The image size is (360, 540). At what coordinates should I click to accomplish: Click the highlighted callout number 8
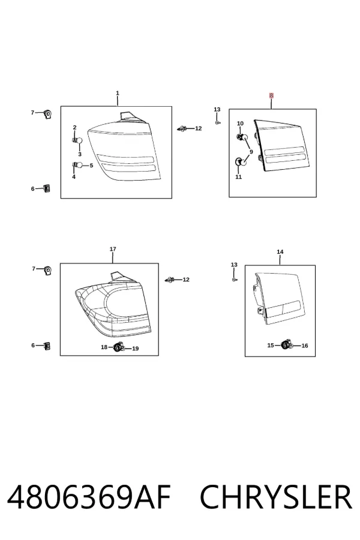point(271,95)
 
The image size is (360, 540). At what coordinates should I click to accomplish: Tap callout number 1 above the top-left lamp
point(118,93)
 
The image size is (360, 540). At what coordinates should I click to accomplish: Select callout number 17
point(113,248)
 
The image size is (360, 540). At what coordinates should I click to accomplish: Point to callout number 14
point(280,252)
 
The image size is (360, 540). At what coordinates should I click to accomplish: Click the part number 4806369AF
point(89,497)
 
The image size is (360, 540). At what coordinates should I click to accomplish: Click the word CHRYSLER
point(276,497)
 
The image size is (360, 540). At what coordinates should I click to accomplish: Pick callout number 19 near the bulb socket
point(136,349)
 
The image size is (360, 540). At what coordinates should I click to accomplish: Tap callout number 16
point(305,346)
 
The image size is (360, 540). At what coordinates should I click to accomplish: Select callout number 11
point(238,176)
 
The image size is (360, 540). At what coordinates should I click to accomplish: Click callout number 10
point(240,123)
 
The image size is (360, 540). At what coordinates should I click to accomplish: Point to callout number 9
point(251,152)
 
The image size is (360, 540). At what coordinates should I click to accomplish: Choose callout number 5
point(91,166)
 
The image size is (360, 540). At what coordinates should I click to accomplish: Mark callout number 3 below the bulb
point(80,154)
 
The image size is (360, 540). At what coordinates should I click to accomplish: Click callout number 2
point(74,127)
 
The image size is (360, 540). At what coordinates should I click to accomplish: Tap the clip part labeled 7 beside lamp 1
point(47,114)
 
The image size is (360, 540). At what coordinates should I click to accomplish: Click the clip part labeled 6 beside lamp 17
point(47,346)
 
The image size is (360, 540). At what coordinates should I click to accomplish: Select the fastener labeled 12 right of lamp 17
point(169,280)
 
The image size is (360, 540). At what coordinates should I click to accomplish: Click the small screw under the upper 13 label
point(217,122)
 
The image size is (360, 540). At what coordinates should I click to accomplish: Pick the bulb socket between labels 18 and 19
point(119,347)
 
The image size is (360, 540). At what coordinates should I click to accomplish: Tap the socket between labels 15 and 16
point(287,345)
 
